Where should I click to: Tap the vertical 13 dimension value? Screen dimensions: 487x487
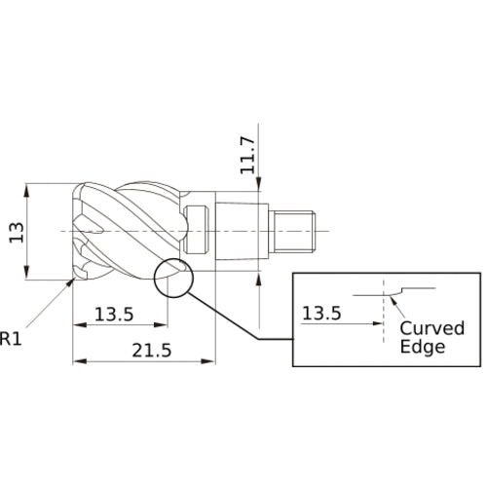16,231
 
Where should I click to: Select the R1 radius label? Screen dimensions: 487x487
11,339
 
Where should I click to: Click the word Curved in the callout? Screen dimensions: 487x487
433,327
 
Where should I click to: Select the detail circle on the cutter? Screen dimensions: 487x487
173,278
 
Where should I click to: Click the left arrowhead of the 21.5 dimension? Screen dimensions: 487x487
78,362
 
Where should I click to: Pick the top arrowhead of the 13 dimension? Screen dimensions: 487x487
32,187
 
